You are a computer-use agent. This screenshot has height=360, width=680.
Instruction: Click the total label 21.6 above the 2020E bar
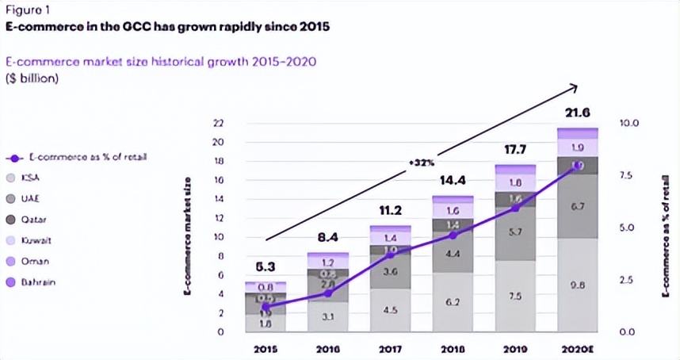coord(577,113)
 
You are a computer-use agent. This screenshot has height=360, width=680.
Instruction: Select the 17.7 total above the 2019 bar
coord(515,149)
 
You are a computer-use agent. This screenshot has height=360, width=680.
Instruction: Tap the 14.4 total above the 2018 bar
coord(453,180)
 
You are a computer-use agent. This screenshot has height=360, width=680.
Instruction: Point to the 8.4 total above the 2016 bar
coord(327,236)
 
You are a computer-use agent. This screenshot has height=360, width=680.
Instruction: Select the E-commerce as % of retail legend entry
coord(80,158)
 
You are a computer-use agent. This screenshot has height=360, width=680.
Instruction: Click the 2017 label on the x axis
coord(390,349)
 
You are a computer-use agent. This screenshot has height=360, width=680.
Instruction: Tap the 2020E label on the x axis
coord(578,349)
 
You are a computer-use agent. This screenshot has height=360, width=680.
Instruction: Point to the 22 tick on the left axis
coord(219,124)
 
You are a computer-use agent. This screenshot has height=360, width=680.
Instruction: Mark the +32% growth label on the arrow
coord(421,162)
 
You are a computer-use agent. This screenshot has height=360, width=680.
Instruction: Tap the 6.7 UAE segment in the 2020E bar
coord(578,207)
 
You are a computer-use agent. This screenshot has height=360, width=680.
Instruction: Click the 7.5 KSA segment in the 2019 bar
coord(515,297)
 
